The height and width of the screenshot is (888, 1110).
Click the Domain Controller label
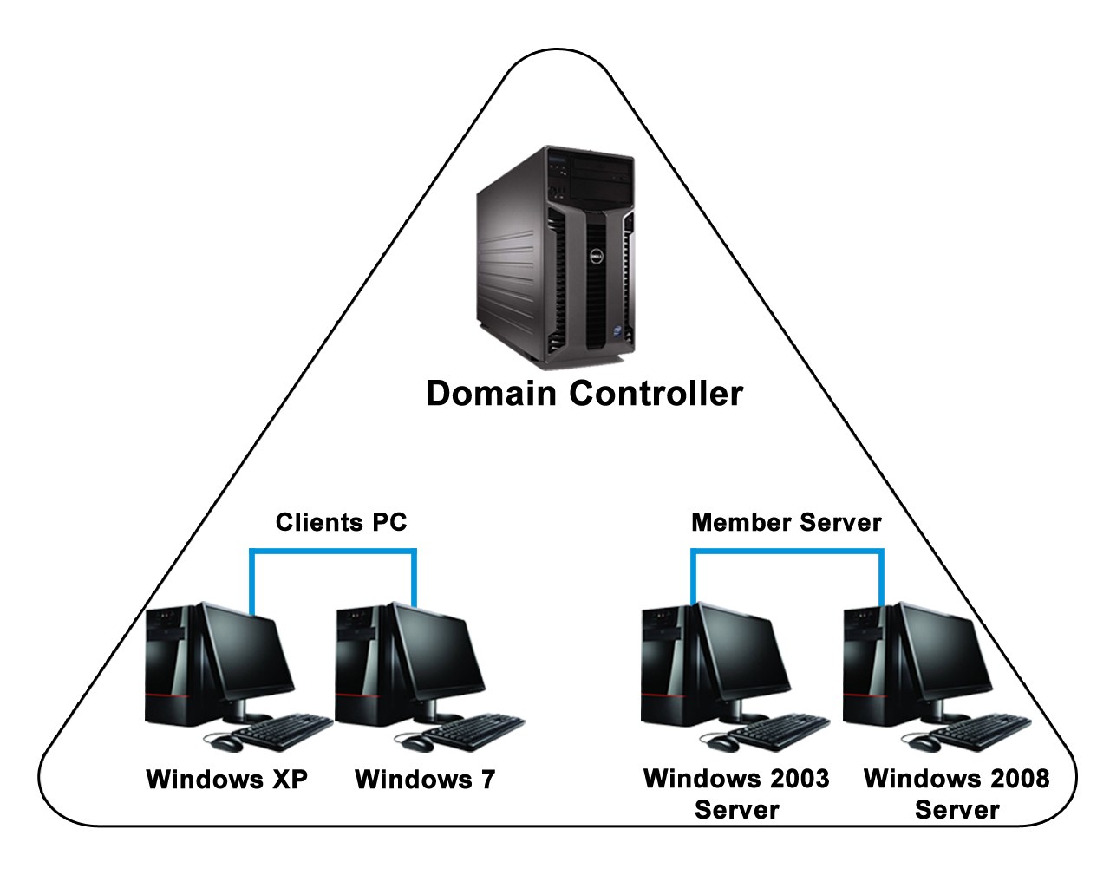584,393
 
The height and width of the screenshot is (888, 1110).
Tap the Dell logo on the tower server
597,258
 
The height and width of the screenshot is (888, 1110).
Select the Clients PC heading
341,522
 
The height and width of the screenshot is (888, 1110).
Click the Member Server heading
786,522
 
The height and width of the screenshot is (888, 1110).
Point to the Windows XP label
227,779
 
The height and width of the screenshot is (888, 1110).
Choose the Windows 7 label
425,779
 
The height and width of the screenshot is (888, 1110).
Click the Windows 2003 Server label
736,793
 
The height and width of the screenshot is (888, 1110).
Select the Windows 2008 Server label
957,793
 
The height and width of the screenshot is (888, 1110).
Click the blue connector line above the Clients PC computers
333,550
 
